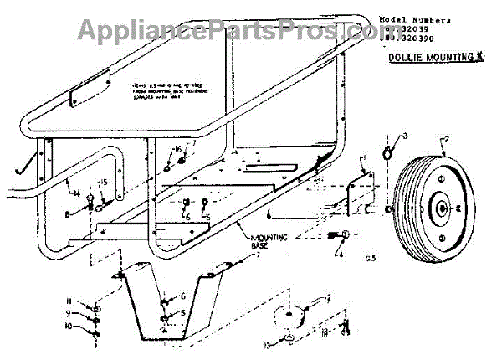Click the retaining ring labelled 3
pyautogui.click(x=388, y=153)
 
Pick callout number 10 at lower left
pyautogui.click(x=72, y=327)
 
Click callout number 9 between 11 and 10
pyautogui.click(x=70, y=312)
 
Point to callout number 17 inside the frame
pyautogui.click(x=192, y=143)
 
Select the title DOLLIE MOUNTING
pyautogui.click(x=428, y=57)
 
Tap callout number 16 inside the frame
pyautogui.click(x=177, y=149)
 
